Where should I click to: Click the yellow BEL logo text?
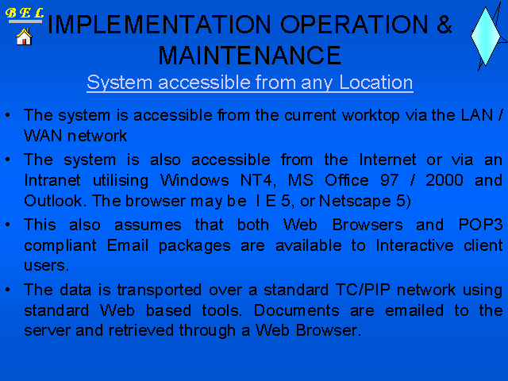25,13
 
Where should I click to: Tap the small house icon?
24,37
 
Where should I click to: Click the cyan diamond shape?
485,37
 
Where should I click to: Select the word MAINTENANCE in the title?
249,56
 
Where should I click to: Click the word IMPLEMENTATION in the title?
159,25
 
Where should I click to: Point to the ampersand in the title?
444,25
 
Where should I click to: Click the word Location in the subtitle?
375,83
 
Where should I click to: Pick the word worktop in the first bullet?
371,116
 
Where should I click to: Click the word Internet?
387,160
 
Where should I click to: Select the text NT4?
258,180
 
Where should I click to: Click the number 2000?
444,180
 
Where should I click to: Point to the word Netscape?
355,201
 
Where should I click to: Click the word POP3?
480,225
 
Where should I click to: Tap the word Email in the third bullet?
128,245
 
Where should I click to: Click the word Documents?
296,310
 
